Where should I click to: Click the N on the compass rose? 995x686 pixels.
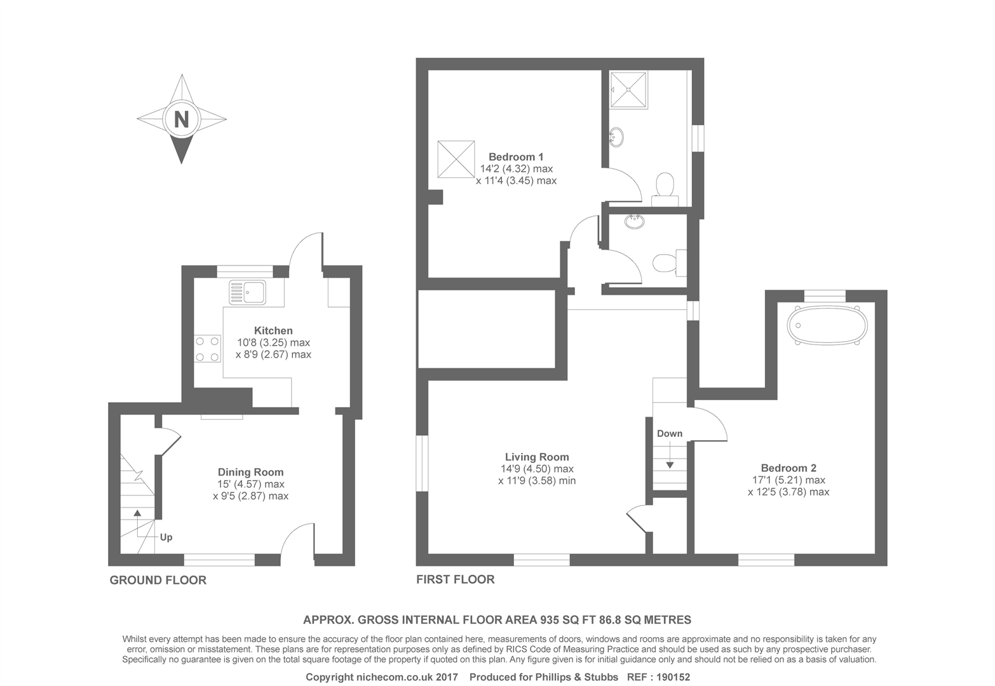tap(182, 119)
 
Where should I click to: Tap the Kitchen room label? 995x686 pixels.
tap(273, 330)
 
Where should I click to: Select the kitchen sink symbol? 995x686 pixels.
tap(248, 292)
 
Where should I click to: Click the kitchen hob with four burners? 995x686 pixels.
tap(207, 349)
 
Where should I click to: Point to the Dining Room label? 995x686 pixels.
tap(250, 472)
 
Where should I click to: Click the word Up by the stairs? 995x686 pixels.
tap(166, 537)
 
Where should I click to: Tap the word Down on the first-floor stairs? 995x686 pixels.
tap(670, 434)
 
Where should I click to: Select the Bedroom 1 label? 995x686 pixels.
tap(516, 157)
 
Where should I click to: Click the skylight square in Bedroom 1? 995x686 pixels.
tap(456, 159)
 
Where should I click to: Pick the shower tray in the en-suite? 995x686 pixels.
tap(629, 90)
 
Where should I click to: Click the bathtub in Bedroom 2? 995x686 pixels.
tap(827, 326)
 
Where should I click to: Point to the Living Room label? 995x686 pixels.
tap(537, 457)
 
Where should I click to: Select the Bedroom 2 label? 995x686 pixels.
tap(789, 468)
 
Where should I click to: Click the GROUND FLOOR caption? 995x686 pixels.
tap(158, 580)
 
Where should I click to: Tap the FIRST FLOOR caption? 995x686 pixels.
tap(455, 579)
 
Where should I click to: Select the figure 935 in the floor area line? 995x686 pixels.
tap(550, 620)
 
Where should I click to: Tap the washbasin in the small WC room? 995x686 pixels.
tap(634, 222)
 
